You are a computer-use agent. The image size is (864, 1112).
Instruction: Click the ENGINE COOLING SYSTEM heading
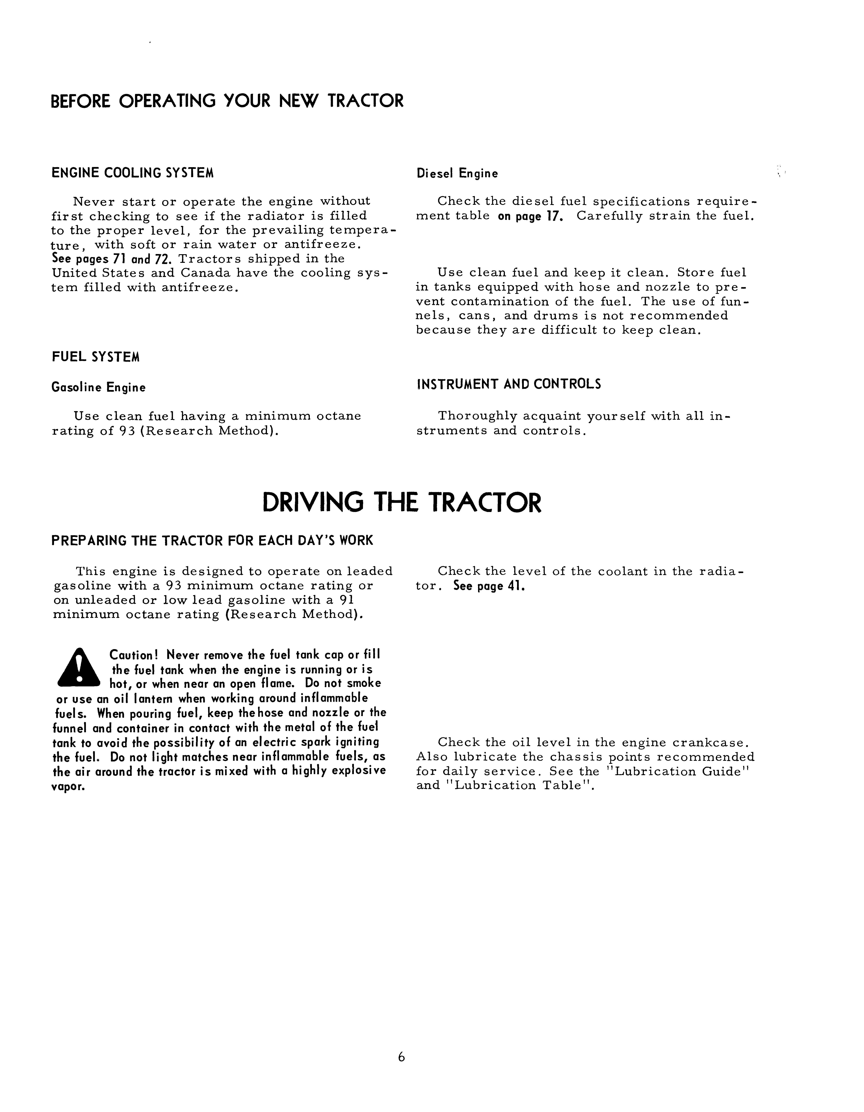pyautogui.click(x=132, y=173)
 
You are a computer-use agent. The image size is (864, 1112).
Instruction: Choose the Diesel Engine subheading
pyautogui.click(x=457, y=174)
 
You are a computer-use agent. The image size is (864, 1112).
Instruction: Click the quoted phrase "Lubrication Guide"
pyautogui.click(x=683, y=771)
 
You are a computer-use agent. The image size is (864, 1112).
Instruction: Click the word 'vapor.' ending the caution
pyautogui.click(x=68, y=786)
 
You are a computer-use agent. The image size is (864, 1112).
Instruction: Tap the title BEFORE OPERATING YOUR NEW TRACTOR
pyautogui.click(x=227, y=101)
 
